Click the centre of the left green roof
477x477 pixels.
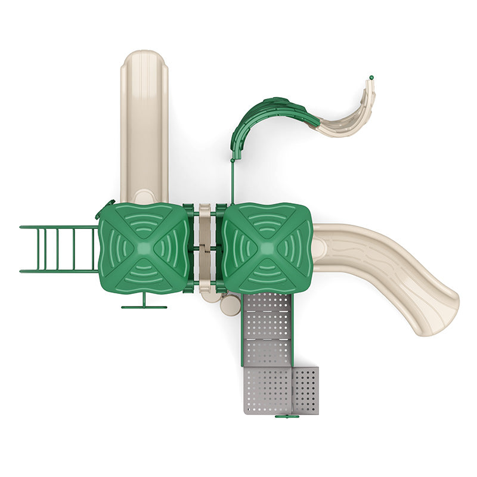pyautogui.click(x=145, y=247)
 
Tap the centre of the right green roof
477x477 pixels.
pyautogui.click(x=267, y=247)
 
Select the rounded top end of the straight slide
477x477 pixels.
pyautogui.click(x=144, y=60)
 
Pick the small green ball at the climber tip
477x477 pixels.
pyautogui.click(x=371, y=78)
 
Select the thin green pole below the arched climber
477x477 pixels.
pyautogui.click(x=232, y=182)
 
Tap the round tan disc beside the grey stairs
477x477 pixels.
pyautogui.click(x=229, y=306)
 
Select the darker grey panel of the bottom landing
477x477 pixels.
pyautogui.click(x=306, y=391)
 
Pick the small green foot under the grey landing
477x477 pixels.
pyautogui.click(x=287, y=416)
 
